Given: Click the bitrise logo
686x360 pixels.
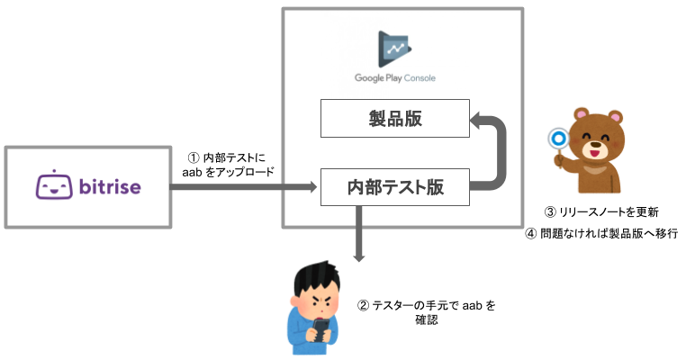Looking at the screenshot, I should click(x=87, y=187).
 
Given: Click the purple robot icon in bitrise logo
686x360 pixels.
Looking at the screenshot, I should click(x=53, y=186).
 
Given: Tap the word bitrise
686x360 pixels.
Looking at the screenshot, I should click(x=107, y=187).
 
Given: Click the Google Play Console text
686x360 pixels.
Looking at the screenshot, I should click(x=394, y=78).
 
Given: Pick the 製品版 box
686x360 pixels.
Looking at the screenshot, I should click(x=394, y=119).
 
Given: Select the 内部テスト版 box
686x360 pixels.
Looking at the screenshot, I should click(x=394, y=187).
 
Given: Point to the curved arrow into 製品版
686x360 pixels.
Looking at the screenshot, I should click(x=498, y=153).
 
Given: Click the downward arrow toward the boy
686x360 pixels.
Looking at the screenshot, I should click(x=358, y=234).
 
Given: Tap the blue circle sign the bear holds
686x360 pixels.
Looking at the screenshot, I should click(x=557, y=138).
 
